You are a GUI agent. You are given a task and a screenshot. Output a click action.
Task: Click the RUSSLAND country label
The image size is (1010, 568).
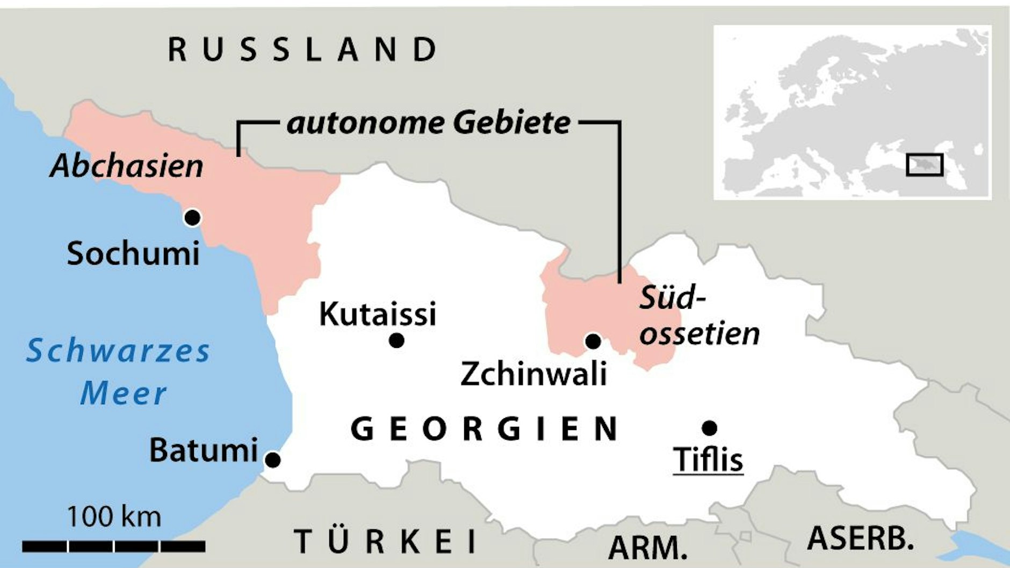[302, 49]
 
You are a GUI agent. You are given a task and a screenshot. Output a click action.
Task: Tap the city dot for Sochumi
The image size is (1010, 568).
[192, 217]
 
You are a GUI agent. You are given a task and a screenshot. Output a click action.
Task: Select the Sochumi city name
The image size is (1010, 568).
[133, 253]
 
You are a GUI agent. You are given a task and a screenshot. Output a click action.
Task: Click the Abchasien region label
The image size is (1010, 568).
[127, 165]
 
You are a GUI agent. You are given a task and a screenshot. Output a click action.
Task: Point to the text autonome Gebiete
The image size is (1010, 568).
[428, 123]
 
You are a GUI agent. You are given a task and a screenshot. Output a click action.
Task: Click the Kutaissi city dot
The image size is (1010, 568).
[396, 340]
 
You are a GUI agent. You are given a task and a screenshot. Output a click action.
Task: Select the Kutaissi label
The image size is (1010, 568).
[377, 314]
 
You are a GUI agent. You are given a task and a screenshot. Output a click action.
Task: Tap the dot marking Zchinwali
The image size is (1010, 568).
[593, 341]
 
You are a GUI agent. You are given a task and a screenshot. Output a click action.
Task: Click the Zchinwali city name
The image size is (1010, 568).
[533, 374]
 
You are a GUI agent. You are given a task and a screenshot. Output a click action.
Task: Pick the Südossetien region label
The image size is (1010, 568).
[698, 316]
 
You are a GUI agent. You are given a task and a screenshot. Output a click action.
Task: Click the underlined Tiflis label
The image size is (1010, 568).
[708, 460]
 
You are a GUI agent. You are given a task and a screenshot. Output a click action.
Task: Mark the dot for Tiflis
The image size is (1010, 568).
[709, 428]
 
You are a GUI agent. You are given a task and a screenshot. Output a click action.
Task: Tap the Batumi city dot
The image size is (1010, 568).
[273, 460]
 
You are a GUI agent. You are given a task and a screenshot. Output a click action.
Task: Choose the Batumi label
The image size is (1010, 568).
[204, 450]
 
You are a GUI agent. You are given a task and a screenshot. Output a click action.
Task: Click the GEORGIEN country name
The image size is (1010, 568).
[485, 429]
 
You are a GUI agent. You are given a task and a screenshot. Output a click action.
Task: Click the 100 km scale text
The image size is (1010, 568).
[114, 517]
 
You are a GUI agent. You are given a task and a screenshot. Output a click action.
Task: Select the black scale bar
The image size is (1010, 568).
[114, 547]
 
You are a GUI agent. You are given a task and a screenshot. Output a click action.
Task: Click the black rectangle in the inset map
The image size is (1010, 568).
[924, 165]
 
